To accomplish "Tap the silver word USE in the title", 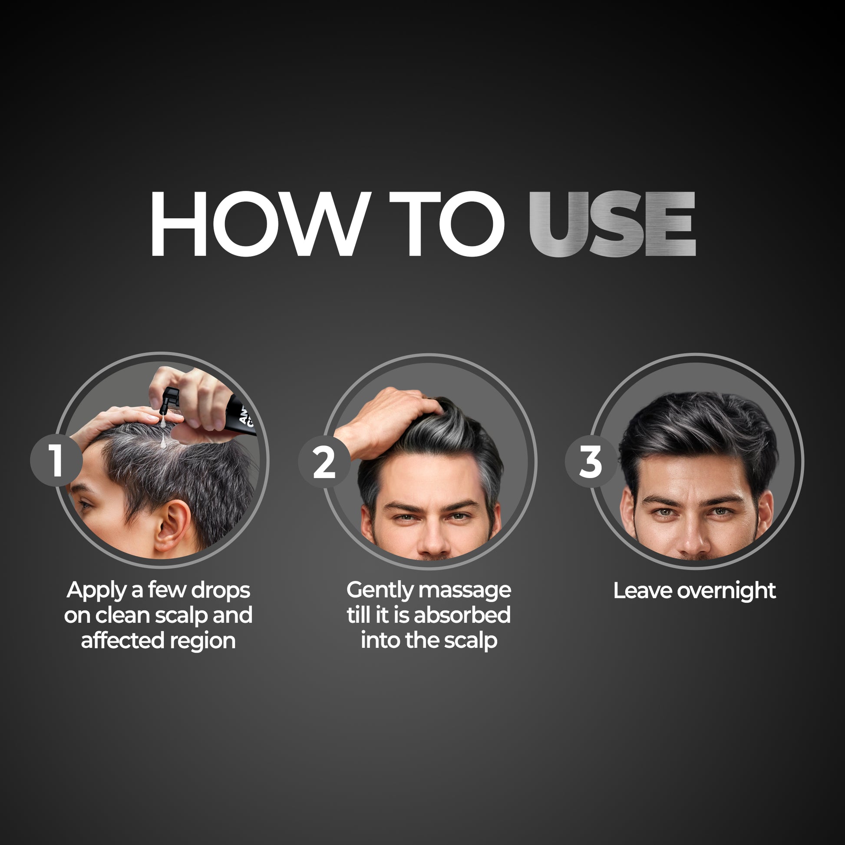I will coord(612,224).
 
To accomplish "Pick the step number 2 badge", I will coord(324,462).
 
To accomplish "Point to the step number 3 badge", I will coord(591,462).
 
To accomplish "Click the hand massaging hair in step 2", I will coord(385,420).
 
